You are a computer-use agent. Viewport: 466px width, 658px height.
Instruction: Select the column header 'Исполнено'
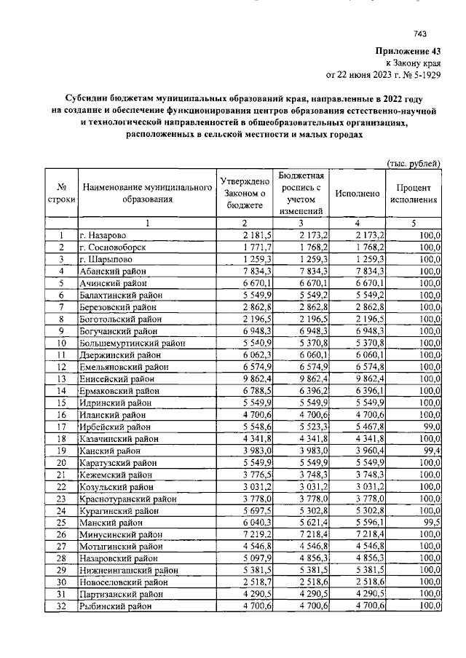point(357,194)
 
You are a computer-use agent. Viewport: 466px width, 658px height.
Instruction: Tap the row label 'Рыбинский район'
point(116,606)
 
